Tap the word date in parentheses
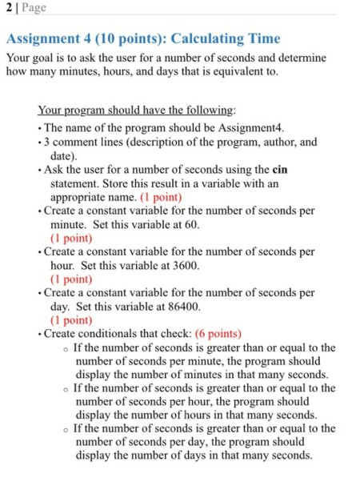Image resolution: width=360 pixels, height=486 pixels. (x=62, y=156)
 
